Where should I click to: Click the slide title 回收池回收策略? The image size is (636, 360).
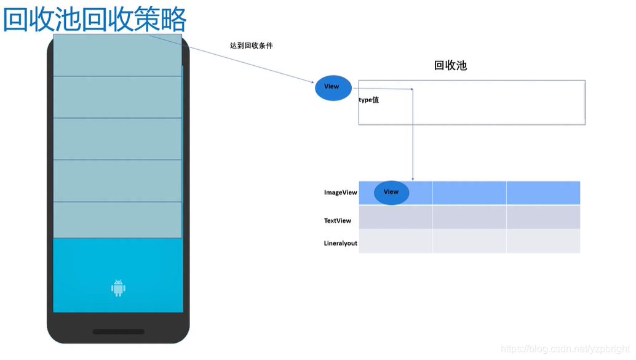point(95,20)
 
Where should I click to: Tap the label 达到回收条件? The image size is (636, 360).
point(251,46)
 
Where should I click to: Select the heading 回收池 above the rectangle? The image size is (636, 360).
point(450,65)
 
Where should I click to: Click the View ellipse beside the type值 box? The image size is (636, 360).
point(333,87)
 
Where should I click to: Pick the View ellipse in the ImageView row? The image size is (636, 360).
point(391,193)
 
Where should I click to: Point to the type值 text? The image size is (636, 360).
point(369,100)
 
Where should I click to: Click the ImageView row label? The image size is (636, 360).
point(340,193)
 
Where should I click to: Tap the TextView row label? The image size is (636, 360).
point(338,220)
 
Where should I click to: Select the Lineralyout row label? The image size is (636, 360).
point(340,243)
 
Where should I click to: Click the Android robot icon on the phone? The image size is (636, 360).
point(118,287)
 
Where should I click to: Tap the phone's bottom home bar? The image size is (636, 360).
point(118,332)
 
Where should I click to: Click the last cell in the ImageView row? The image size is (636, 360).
point(543,193)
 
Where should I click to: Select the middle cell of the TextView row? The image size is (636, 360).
point(469,217)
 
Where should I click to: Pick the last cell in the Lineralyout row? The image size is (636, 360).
point(543,241)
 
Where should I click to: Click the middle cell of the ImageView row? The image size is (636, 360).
point(469,193)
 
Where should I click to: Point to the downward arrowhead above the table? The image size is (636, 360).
point(412,178)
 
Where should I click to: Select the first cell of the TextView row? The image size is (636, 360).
point(396,217)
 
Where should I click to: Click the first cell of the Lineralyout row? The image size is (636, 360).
point(396,241)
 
